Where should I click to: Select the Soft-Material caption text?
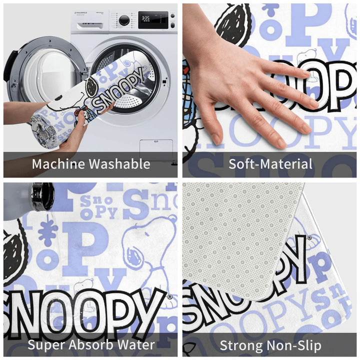pyautogui.click(x=270, y=163)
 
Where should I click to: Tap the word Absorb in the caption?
pyautogui.click(x=93, y=344)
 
